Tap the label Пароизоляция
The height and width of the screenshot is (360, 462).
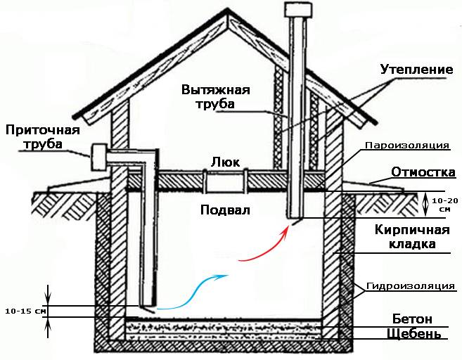click(x=408, y=146)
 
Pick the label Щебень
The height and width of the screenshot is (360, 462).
click(x=414, y=334)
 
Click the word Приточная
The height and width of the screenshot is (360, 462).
click(x=42, y=130)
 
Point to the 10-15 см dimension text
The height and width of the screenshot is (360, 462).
click(x=25, y=310)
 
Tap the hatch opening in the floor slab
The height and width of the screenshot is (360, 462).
click(x=224, y=181)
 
